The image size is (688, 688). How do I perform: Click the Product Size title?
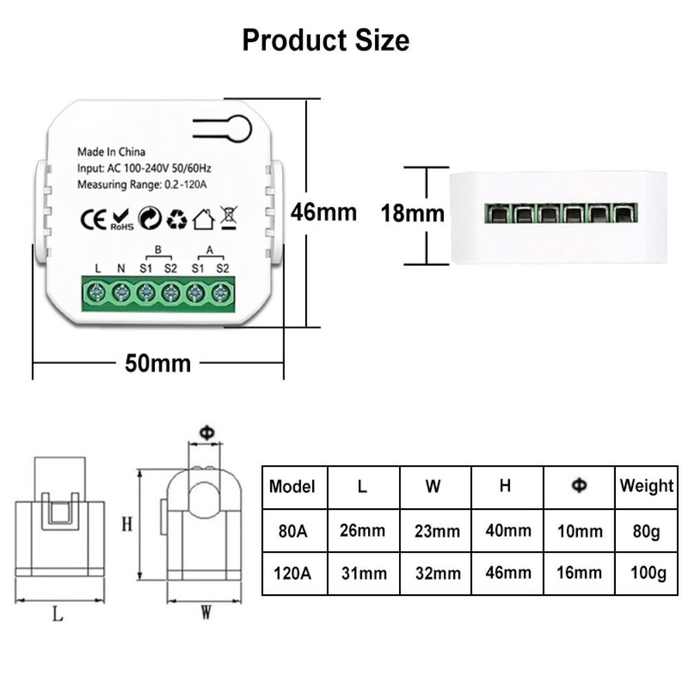[325, 41]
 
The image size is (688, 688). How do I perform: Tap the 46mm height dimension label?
[323, 212]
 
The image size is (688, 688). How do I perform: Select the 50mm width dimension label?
[158, 362]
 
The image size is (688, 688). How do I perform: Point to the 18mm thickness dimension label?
[413, 213]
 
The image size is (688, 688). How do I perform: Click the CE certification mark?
[94, 219]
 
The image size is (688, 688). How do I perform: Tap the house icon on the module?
[203, 219]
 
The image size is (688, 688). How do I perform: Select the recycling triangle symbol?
[178, 219]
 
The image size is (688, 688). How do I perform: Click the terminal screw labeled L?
[98, 293]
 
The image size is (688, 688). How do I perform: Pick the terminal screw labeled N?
[121, 293]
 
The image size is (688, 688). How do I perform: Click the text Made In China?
[111, 152]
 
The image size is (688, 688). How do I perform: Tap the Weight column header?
[646, 486]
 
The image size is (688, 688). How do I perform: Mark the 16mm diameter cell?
[579, 572]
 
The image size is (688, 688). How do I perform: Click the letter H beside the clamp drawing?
[127, 524]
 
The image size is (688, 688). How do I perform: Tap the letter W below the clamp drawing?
[205, 613]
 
